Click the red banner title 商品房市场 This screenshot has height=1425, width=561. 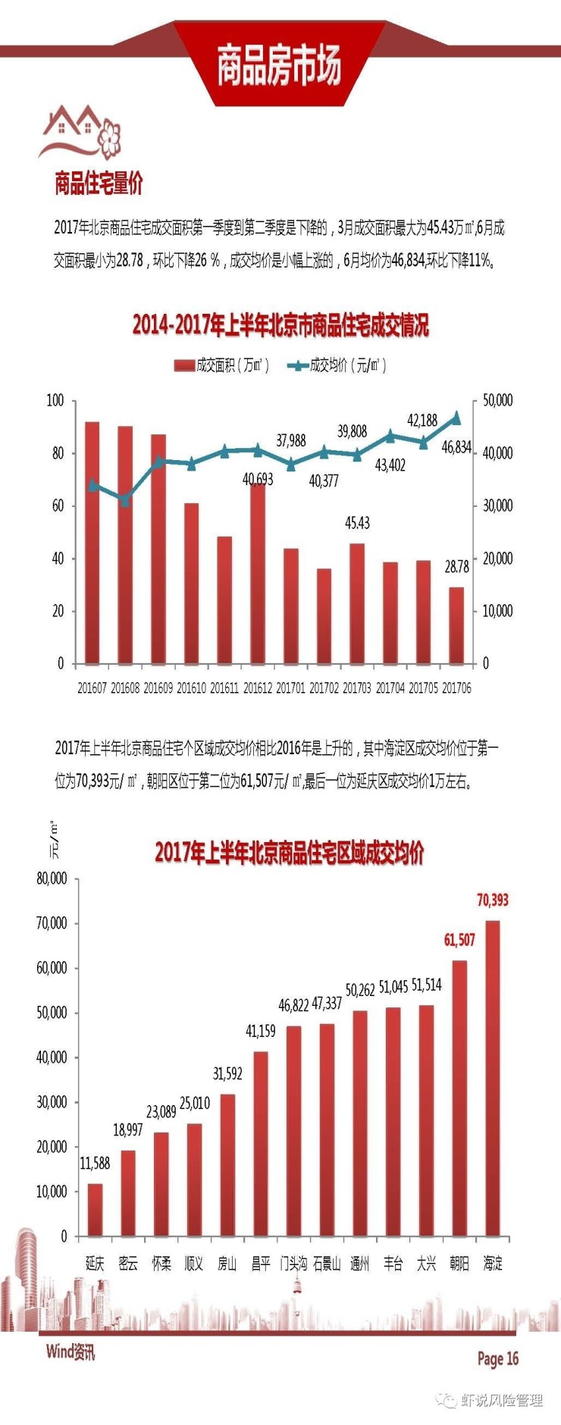pyautogui.click(x=279, y=65)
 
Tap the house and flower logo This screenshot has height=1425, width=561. pyautogui.click(x=80, y=132)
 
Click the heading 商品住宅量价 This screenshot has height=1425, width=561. pyautogui.click(x=99, y=183)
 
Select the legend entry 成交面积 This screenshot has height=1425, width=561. pyautogui.click(x=221, y=365)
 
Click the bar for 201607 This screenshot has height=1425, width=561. pyautogui.click(x=92, y=543)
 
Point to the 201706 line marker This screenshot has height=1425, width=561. pyautogui.click(x=456, y=418)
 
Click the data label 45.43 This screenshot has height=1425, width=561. pyautogui.click(x=357, y=523)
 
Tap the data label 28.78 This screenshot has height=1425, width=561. pyautogui.click(x=456, y=567)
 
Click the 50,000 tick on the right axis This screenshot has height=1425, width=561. pyautogui.click(x=498, y=400)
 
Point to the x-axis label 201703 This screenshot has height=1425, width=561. pyautogui.click(x=356, y=688)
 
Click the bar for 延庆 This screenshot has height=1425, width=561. pyautogui.click(x=95, y=1210)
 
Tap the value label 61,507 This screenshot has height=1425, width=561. pyautogui.click(x=459, y=940)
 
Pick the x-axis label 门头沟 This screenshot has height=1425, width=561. pyautogui.click(x=293, y=1263)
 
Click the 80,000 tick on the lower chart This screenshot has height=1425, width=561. pyautogui.click(x=52, y=878)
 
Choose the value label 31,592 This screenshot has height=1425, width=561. pyautogui.click(x=227, y=1073)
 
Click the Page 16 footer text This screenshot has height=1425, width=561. pyautogui.click(x=497, y=1358)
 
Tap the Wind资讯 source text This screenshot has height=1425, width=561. pyautogui.click(x=71, y=1351)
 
